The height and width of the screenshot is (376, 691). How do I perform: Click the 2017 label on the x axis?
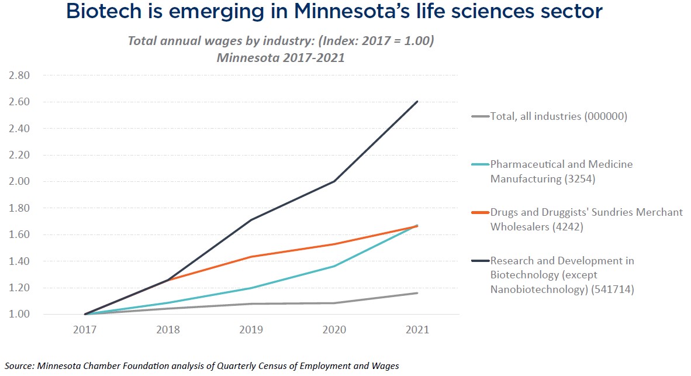[x=85, y=330]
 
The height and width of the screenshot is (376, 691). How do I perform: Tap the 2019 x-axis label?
[x=251, y=330]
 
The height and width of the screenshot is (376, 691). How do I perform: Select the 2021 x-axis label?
[x=417, y=330]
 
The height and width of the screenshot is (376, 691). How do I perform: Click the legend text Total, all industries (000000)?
[x=559, y=116]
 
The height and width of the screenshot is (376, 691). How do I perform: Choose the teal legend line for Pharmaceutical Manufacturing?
[x=479, y=164]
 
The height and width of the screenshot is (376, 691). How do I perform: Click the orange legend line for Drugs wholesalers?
[x=479, y=212]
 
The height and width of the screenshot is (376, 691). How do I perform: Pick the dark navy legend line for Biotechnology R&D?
[x=479, y=261]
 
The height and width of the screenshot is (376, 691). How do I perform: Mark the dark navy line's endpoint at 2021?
[x=417, y=102]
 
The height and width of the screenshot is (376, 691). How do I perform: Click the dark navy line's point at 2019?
[x=251, y=220]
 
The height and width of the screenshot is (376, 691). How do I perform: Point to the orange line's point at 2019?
[x=251, y=257]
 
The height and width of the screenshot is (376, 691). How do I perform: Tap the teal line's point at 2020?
[x=334, y=266]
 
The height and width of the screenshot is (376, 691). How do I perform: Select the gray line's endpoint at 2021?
[x=417, y=293]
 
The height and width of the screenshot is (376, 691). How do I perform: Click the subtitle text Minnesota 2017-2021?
[x=280, y=58]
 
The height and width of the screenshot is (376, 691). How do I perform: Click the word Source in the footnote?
[x=19, y=366]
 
